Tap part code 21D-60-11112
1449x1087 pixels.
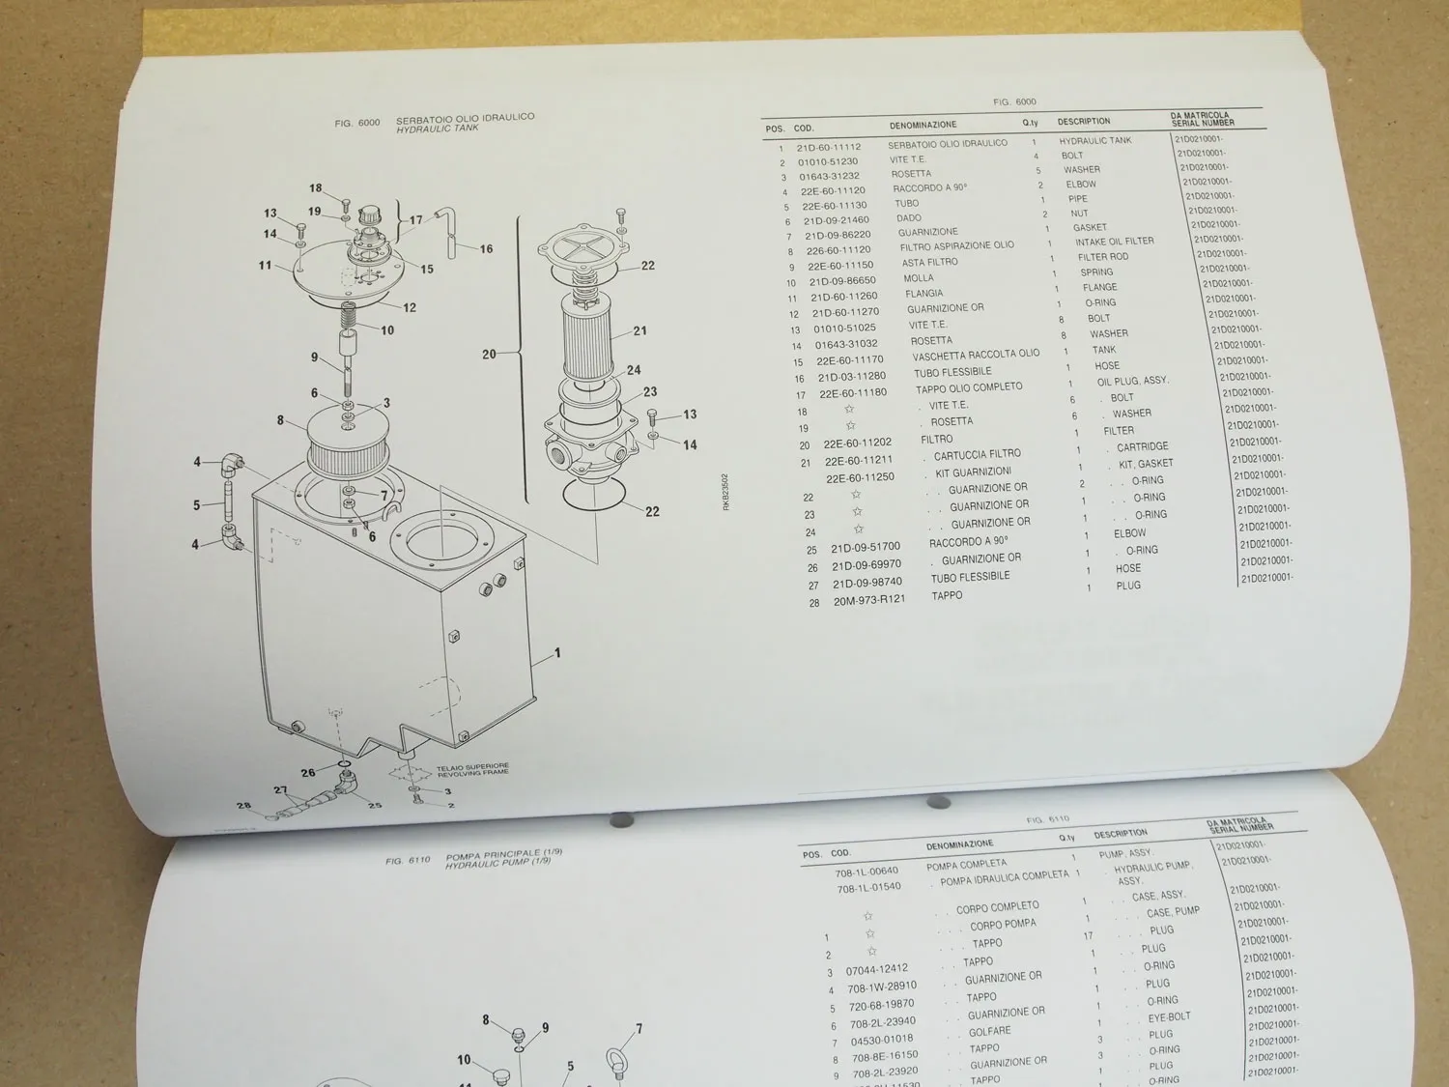coord(828,148)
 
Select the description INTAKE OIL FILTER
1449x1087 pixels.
coord(1114,242)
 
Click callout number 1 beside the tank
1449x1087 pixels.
coord(557,653)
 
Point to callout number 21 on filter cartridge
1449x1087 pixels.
coord(639,331)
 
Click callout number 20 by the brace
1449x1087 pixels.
coord(489,355)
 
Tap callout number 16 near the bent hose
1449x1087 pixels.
coord(486,249)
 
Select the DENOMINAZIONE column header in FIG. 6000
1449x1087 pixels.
coord(923,125)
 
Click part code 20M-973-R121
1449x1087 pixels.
coord(869,599)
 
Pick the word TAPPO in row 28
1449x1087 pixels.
coord(947,595)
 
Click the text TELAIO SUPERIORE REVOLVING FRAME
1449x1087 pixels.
coord(472,771)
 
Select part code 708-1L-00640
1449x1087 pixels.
coord(867,871)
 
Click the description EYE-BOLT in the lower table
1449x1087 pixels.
coord(1169,1017)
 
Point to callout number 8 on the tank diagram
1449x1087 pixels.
coord(280,420)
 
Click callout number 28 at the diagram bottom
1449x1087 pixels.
coord(244,806)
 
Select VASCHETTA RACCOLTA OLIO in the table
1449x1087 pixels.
coord(976,355)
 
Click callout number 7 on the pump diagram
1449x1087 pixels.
coord(639,1029)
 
